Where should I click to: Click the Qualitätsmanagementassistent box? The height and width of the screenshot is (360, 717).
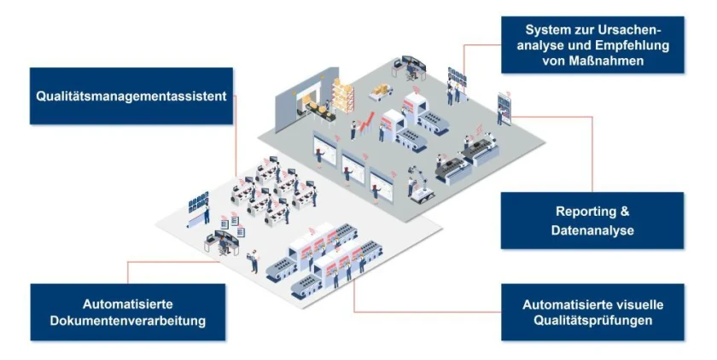pyautogui.click(x=131, y=96)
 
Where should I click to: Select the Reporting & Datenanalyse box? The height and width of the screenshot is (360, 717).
pyautogui.click(x=592, y=220)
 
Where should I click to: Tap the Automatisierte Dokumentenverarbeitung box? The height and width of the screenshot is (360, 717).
pyautogui.click(x=128, y=312)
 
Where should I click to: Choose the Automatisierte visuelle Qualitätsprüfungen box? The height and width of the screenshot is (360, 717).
pyautogui.click(x=592, y=312)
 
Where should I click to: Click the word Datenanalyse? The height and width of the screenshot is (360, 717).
pyautogui.click(x=592, y=230)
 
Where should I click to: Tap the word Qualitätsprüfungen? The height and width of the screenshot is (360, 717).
pyautogui.click(x=592, y=321)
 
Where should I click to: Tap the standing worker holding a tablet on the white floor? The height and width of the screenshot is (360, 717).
pyautogui.click(x=254, y=259)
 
